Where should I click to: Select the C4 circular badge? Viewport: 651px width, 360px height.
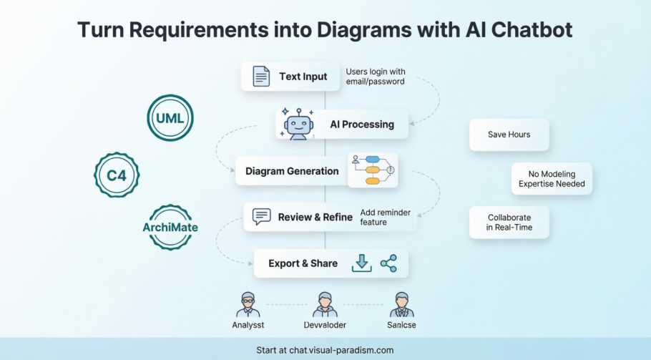(117, 173)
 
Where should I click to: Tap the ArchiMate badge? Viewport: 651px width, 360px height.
(170, 228)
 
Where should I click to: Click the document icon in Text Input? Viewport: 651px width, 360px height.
(261, 77)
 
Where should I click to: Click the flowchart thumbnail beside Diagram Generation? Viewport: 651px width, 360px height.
(373, 170)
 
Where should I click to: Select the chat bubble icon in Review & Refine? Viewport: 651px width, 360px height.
(262, 216)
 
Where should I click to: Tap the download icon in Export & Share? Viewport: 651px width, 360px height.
(362, 263)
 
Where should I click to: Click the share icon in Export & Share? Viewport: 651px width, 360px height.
(388, 263)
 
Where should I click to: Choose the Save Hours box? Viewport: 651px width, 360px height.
(509, 135)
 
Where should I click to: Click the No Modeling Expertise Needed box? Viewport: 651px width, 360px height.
(552, 179)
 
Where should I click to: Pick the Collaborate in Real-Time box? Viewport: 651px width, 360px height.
(509, 223)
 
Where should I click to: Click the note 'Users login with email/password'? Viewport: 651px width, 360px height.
(376, 77)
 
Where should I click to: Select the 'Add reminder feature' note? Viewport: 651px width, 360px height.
(385, 217)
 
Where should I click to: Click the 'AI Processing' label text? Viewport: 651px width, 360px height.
(361, 125)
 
